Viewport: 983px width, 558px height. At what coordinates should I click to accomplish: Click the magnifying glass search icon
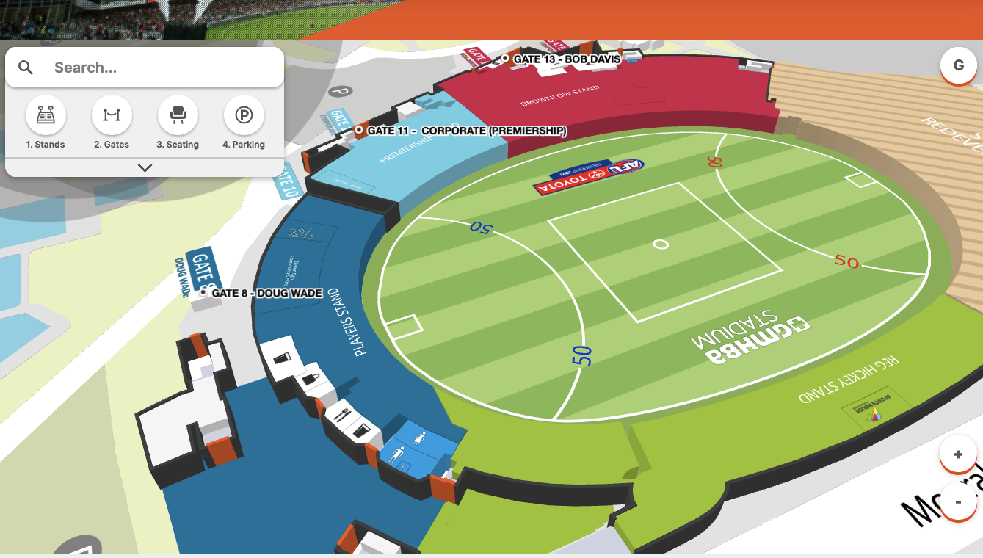26,68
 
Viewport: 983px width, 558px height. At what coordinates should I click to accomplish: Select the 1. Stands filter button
46,115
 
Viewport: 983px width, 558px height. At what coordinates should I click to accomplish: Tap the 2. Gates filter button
112,115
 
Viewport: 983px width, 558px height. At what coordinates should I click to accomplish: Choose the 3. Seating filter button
178,115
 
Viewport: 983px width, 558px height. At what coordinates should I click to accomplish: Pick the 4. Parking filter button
244,115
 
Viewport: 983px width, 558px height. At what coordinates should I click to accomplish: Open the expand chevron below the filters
145,167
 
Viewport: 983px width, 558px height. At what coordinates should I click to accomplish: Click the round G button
958,65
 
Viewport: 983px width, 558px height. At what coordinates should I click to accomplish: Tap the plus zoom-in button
958,454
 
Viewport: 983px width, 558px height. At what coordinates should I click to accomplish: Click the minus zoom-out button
958,502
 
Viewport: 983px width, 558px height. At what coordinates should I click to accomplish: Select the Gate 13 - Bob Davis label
566,59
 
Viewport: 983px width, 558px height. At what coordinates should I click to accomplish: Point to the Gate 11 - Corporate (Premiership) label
466,131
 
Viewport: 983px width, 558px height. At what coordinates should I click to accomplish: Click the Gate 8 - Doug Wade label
266,293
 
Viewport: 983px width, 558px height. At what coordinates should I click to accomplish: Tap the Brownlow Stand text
559,96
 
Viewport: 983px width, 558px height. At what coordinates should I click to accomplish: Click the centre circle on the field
661,244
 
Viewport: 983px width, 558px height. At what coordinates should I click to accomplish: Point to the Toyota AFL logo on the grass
589,177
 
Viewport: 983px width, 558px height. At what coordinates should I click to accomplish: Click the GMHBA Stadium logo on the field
749,337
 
